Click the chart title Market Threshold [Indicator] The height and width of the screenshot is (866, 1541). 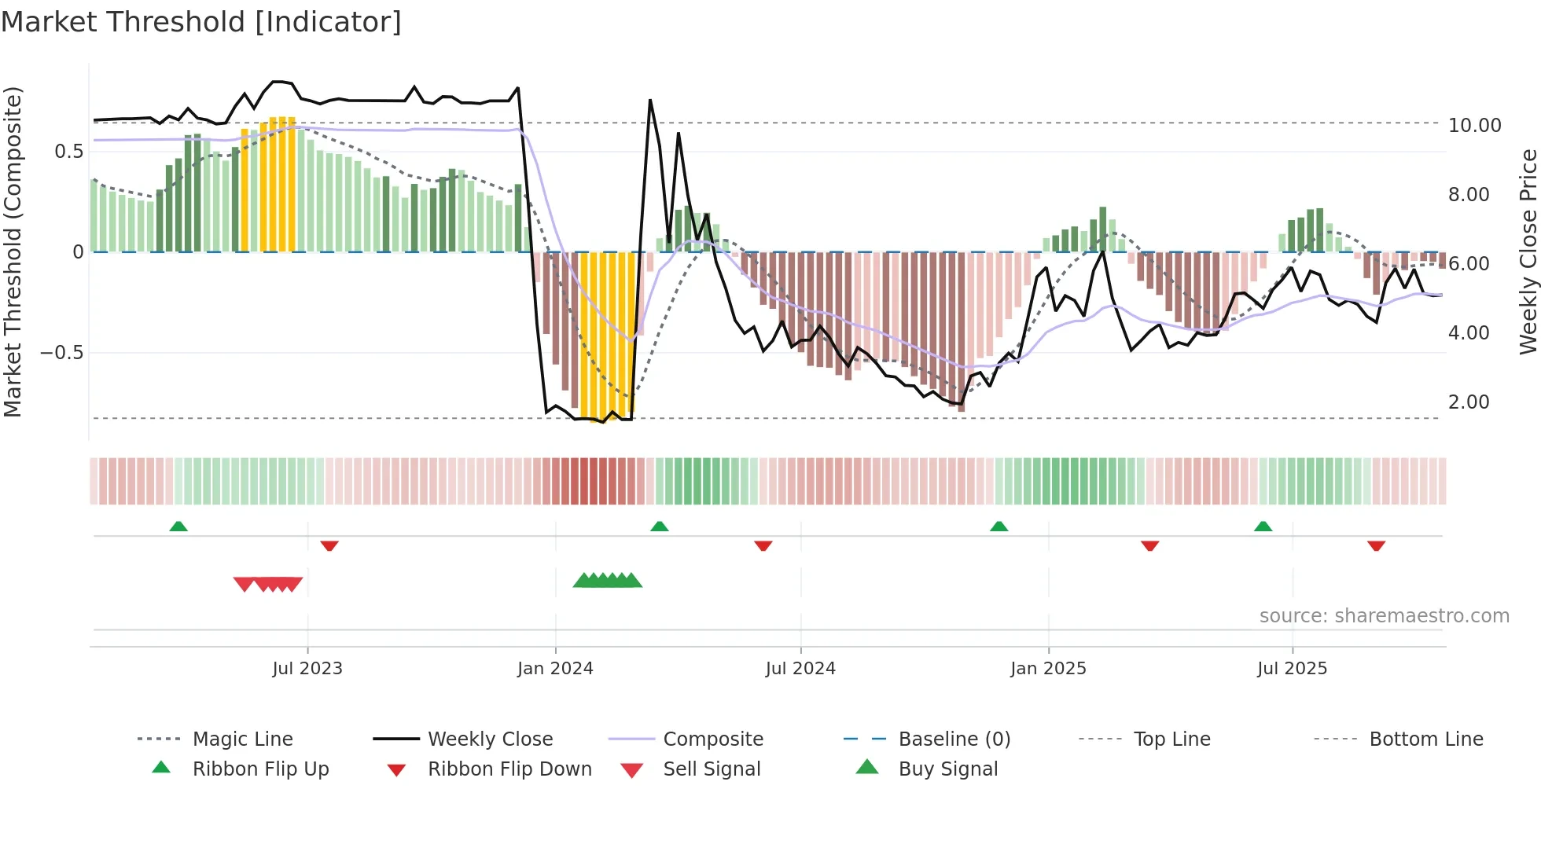201,22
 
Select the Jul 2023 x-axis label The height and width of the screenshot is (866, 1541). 307,669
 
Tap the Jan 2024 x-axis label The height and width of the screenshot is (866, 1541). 555,669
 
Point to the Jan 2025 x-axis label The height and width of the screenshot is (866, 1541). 1048,669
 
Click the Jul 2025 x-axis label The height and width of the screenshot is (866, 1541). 1292,669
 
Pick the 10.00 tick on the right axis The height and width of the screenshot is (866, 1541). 1474,126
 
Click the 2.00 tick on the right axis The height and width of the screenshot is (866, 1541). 1469,402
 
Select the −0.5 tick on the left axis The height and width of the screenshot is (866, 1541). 61,353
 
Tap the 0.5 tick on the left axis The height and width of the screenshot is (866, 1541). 68,152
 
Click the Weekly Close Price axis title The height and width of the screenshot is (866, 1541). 1528,251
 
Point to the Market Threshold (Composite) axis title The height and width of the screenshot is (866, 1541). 13,251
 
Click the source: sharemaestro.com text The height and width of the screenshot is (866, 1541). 1384,616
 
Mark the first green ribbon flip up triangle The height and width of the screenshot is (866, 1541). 178,527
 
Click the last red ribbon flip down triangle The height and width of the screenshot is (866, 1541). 1376,545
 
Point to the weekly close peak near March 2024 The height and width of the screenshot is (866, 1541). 650,101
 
